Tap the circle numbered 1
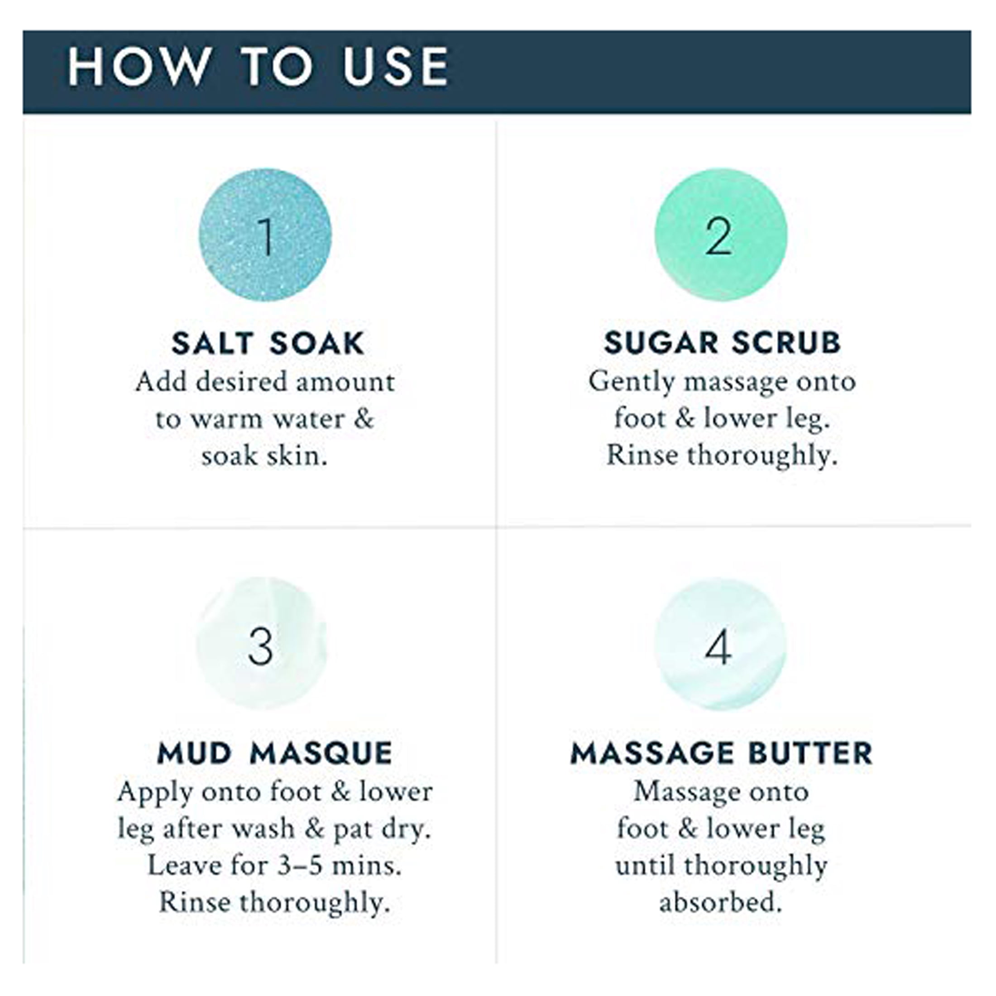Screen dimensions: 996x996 (265, 235)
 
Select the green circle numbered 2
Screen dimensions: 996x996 (721, 235)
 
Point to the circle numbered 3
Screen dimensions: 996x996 (261, 643)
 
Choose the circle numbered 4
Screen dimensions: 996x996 (721, 644)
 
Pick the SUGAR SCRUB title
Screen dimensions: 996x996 (722, 343)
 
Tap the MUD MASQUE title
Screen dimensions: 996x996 (275, 754)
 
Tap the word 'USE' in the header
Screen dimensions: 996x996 (396, 67)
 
